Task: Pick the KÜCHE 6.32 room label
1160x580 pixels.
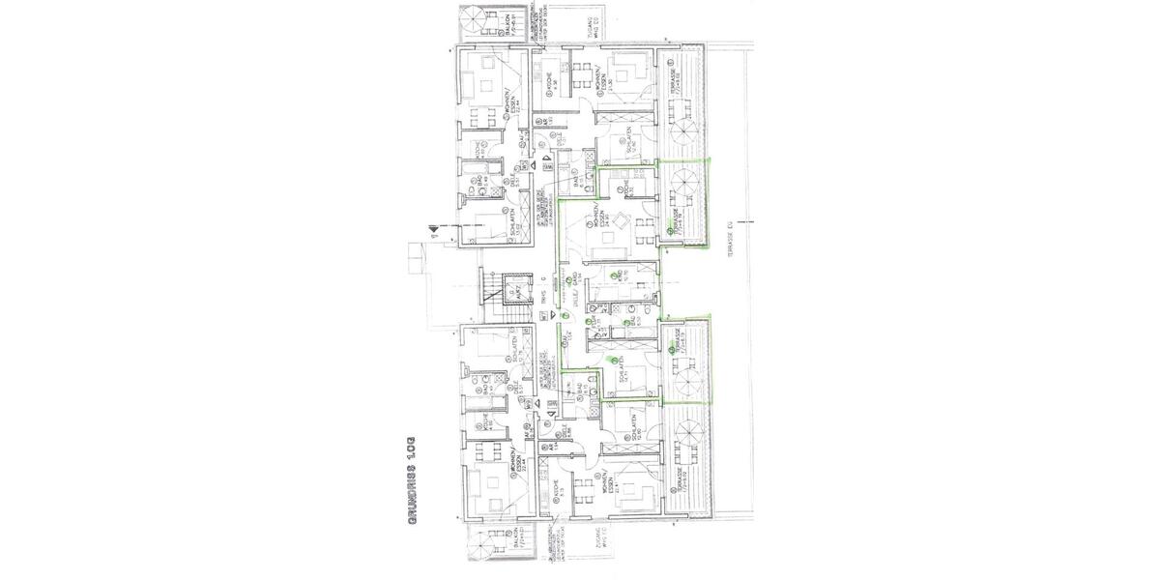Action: (x=628, y=186)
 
